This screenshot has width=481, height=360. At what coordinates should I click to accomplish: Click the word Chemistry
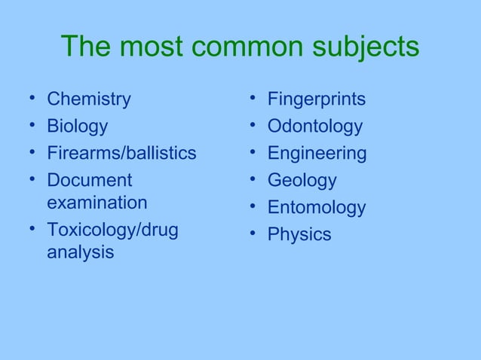coord(88,99)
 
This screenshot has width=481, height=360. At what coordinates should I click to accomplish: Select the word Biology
coord(77,127)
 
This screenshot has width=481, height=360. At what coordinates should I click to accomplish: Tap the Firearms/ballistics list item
coord(121,154)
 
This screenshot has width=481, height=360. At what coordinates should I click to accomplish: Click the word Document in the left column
coord(89,181)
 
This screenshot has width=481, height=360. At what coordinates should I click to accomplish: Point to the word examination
coord(97,203)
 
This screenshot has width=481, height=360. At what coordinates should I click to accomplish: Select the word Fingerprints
coord(317,99)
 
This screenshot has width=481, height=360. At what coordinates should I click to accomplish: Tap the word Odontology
coord(314,127)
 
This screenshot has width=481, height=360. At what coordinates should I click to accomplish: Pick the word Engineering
coord(317,154)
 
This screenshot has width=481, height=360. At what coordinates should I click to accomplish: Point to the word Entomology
coord(317,208)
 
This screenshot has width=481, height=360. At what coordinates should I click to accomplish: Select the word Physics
coord(299,235)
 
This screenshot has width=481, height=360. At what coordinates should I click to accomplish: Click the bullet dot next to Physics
coord(251,234)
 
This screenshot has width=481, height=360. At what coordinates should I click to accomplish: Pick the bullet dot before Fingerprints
coord(251,99)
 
